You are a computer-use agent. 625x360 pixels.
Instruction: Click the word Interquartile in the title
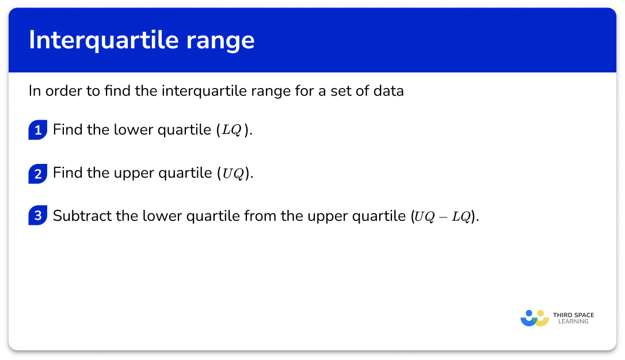pyautogui.click(x=104, y=40)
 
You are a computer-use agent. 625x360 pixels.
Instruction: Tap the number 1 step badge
pyautogui.click(x=38, y=130)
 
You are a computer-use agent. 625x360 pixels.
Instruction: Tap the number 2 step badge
pyautogui.click(x=38, y=174)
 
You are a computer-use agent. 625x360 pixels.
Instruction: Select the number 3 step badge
pyautogui.click(x=38, y=216)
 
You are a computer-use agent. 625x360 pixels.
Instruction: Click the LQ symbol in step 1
pyautogui.click(x=231, y=130)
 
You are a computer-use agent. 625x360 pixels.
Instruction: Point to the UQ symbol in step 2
pyautogui.click(x=233, y=173)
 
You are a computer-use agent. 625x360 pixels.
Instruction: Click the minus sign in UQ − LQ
pyautogui.click(x=443, y=217)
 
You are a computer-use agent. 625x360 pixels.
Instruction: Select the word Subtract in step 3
pyautogui.click(x=82, y=216)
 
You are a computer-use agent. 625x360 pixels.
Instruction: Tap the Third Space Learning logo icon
pyautogui.click(x=535, y=318)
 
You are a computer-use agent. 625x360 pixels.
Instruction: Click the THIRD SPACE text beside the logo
pyautogui.click(x=574, y=315)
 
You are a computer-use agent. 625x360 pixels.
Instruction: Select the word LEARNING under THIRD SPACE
pyautogui.click(x=573, y=321)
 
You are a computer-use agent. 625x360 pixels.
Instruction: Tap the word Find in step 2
pyautogui.click(x=67, y=173)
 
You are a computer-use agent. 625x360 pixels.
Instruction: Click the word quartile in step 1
pyautogui.click(x=184, y=130)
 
